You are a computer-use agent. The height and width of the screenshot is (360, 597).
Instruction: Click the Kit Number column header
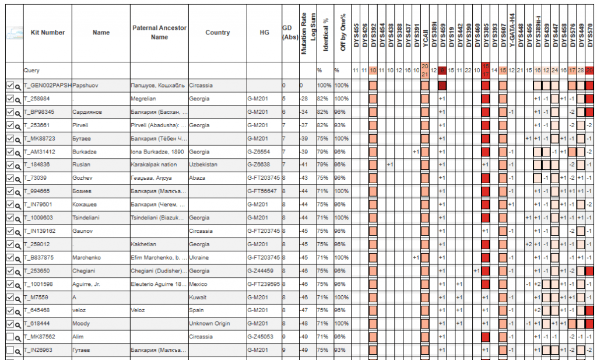tap(47, 33)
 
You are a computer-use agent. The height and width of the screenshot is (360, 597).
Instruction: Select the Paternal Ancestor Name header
tap(159, 33)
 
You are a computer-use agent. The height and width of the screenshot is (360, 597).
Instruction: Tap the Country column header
tap(217, 33)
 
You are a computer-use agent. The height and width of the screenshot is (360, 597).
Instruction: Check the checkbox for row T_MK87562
tap(9, 337)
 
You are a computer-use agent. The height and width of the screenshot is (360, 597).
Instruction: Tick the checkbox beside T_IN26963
tap(9, 350)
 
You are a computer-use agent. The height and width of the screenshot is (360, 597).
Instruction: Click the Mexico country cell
tap(199, 284)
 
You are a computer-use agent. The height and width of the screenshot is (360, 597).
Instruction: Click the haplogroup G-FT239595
tap(264, 284)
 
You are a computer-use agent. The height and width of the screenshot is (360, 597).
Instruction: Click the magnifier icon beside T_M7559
tap(18, 298)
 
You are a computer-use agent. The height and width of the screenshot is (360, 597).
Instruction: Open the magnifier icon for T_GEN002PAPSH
tap(18, 86)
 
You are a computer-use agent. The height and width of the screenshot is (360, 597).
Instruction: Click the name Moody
tap(80, 323)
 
